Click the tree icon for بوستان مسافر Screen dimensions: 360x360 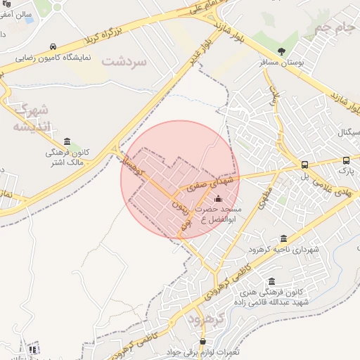tap(282, 51)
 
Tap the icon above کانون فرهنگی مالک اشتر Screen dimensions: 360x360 tap(67, 141)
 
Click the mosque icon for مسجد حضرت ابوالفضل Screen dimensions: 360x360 tap(217, 198)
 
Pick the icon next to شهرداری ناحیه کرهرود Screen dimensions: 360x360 tap(283, 238)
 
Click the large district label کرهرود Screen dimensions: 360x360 tap(206, 318)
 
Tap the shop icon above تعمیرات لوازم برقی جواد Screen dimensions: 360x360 tap(203, 341)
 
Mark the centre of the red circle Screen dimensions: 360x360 tap(180, 180)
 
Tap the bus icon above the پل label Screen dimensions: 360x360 tap(304, 165)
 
